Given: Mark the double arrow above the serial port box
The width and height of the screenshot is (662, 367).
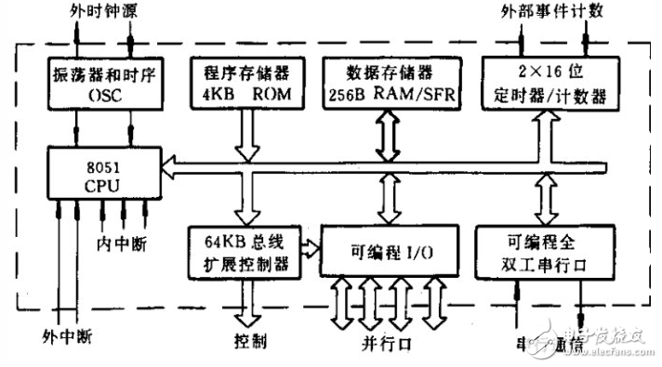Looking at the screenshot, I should tap(541, 200).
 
